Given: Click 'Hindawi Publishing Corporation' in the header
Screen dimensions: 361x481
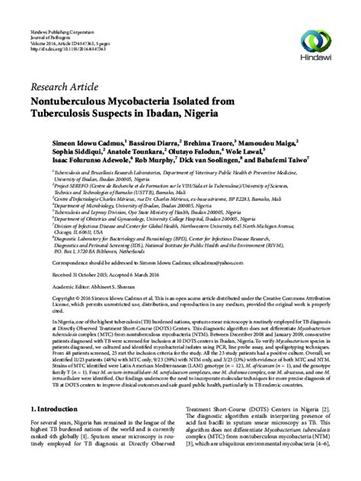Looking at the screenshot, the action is tap(59, 6).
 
